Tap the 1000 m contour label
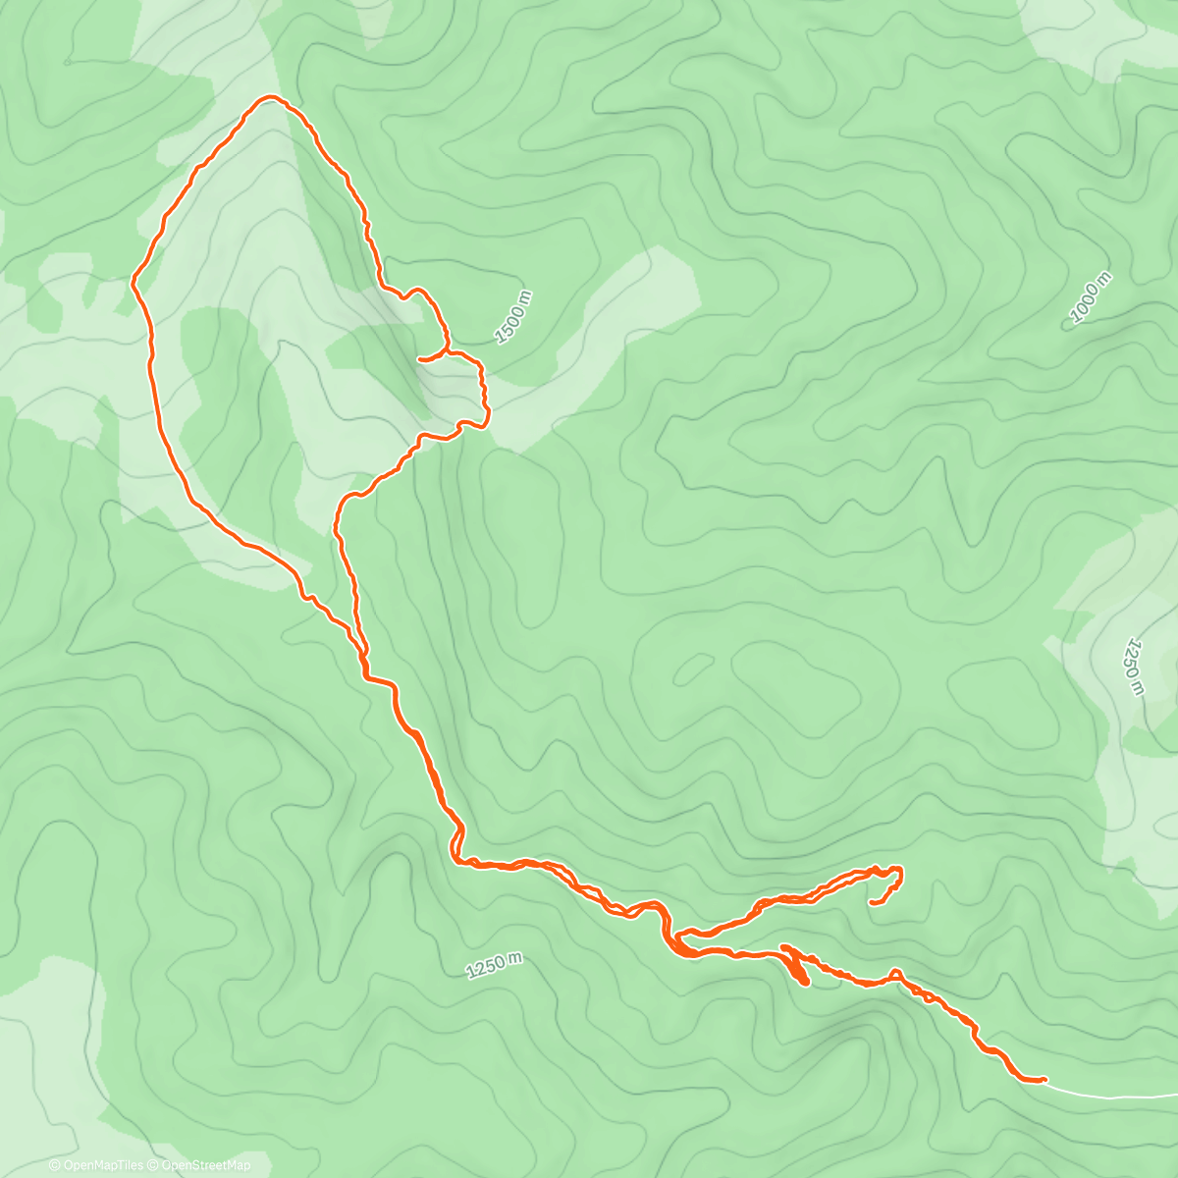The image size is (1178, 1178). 1091,297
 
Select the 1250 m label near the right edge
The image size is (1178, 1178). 1135,668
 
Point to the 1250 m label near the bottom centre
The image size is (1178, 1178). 494,965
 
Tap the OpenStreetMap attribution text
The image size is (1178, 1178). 204,1165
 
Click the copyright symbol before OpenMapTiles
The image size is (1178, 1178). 54,1165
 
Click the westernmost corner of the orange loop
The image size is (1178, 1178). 134,281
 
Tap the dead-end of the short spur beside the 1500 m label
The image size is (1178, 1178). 420,359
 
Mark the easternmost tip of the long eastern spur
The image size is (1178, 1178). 901,870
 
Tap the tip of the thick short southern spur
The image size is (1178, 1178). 805,982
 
